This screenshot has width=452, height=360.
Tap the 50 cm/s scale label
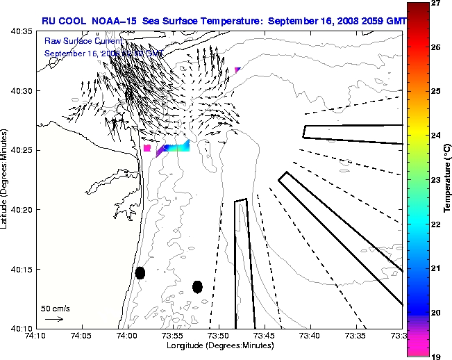[55, 308]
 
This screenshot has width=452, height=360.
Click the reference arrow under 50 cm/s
[54, 319]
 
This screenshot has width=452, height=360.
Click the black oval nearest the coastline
[140, 272]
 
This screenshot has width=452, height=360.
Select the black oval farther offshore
[197, 286]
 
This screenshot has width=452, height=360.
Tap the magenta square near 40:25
[147, 148]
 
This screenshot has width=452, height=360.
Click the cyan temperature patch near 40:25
[179, 147]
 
